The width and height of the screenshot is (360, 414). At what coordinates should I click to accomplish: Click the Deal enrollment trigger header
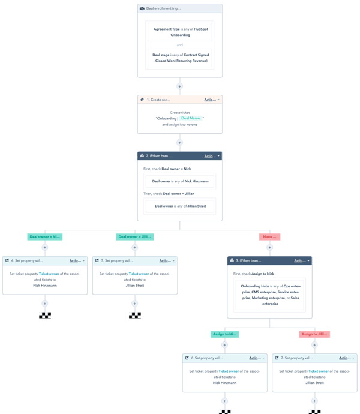pos(179,8)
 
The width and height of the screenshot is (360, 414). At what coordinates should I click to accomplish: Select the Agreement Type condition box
pos(179,31)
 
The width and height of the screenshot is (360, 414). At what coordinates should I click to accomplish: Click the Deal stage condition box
pos(179,58)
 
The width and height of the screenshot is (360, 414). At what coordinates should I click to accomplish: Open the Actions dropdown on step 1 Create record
pos(212,100)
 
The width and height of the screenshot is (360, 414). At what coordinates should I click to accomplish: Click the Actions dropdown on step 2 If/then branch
pos(212,155)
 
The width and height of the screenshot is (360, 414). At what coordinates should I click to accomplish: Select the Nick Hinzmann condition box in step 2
pos(179,181)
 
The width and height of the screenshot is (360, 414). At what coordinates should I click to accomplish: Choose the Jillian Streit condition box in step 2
pos(179,206)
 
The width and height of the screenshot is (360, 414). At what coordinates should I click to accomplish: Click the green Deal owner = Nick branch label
pos(44,236)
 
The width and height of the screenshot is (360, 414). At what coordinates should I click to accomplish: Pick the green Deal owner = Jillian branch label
pos(134,236)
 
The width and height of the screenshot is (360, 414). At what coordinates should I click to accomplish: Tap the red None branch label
pos(269,236)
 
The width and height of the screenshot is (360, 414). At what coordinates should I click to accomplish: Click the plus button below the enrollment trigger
pos(179,86)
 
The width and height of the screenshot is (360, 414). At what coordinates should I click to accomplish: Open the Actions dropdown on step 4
pos(77,260)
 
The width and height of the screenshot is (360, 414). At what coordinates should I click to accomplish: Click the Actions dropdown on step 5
pos(167,260)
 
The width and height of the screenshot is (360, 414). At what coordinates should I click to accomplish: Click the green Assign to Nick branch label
pos(224,334)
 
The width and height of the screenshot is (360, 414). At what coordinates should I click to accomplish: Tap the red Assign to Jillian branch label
pos(314,334)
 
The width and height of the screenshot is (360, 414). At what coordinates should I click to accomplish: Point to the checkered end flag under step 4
pos(44,314)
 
